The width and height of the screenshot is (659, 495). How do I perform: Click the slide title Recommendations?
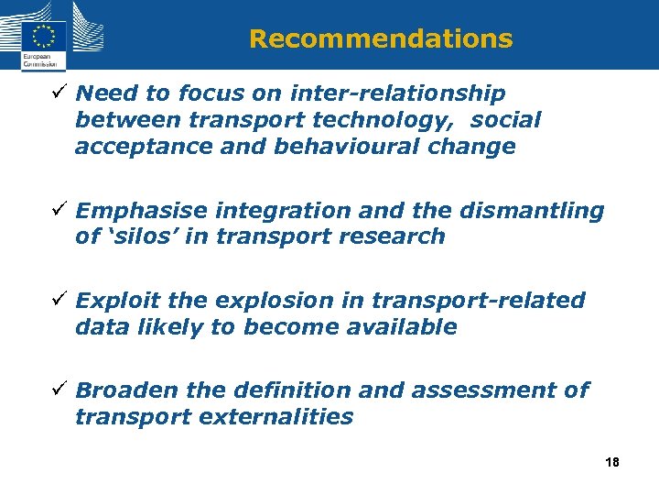tap(380, 38)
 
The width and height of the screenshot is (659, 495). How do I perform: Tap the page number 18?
tap(612, 463)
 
